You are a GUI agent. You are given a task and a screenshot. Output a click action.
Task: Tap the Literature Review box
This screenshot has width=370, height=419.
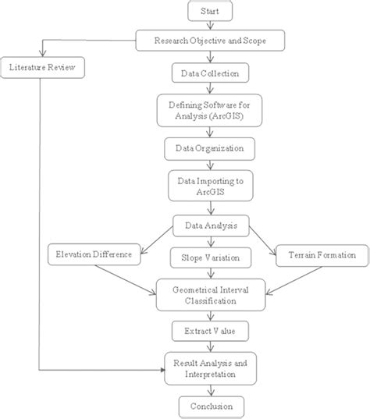[41, 67]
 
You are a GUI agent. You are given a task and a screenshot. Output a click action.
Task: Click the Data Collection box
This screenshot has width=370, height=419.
[210, 74]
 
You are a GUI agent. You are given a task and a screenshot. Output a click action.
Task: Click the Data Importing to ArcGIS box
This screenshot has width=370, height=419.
[210, 185]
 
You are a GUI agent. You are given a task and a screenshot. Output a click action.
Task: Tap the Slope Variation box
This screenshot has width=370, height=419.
[210, 257]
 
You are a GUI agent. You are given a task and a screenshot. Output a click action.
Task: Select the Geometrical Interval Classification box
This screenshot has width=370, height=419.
[210, 294]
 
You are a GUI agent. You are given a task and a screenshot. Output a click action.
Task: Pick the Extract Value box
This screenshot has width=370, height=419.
[210, 332]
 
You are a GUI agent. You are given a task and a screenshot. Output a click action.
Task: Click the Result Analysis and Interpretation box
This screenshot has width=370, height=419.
[210, 368]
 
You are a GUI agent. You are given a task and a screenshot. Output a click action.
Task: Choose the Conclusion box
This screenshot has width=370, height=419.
[210, 406]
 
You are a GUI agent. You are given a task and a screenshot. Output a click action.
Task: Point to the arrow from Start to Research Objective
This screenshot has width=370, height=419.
[210, 27]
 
